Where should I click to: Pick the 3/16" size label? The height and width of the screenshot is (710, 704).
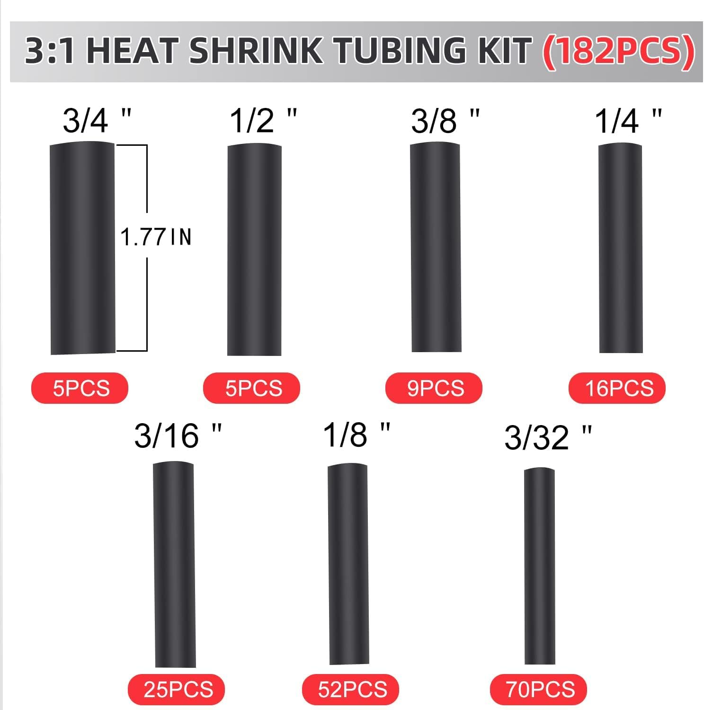[x=178, y=435]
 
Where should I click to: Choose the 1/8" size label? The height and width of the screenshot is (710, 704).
[x=356, y=435]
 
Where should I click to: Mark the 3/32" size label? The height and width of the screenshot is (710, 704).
[x=548, y=437]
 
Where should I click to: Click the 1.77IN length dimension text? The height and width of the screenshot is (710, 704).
[x=156, y=237]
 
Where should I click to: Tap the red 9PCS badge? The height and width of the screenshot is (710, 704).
[x=434, y=388]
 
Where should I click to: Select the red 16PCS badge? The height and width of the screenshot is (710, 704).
[x=617, y=388]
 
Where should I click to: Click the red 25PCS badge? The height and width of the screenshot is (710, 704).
[x=176, y=689]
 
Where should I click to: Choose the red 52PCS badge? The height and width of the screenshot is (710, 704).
[x=351, y=689]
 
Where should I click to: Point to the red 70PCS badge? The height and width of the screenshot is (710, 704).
[x=539, y=689]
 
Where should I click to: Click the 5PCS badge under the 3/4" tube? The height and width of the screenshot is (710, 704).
[x=80, y=388]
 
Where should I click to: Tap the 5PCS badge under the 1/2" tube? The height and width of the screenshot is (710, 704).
[x=252, y=388]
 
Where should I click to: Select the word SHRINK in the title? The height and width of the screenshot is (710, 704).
[x=256, y=51]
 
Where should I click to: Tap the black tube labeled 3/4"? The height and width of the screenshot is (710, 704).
[x=82, y=248]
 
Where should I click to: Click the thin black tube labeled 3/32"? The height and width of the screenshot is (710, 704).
[x=539, y=566]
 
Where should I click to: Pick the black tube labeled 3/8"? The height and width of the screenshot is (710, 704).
[x=436, y=248]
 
